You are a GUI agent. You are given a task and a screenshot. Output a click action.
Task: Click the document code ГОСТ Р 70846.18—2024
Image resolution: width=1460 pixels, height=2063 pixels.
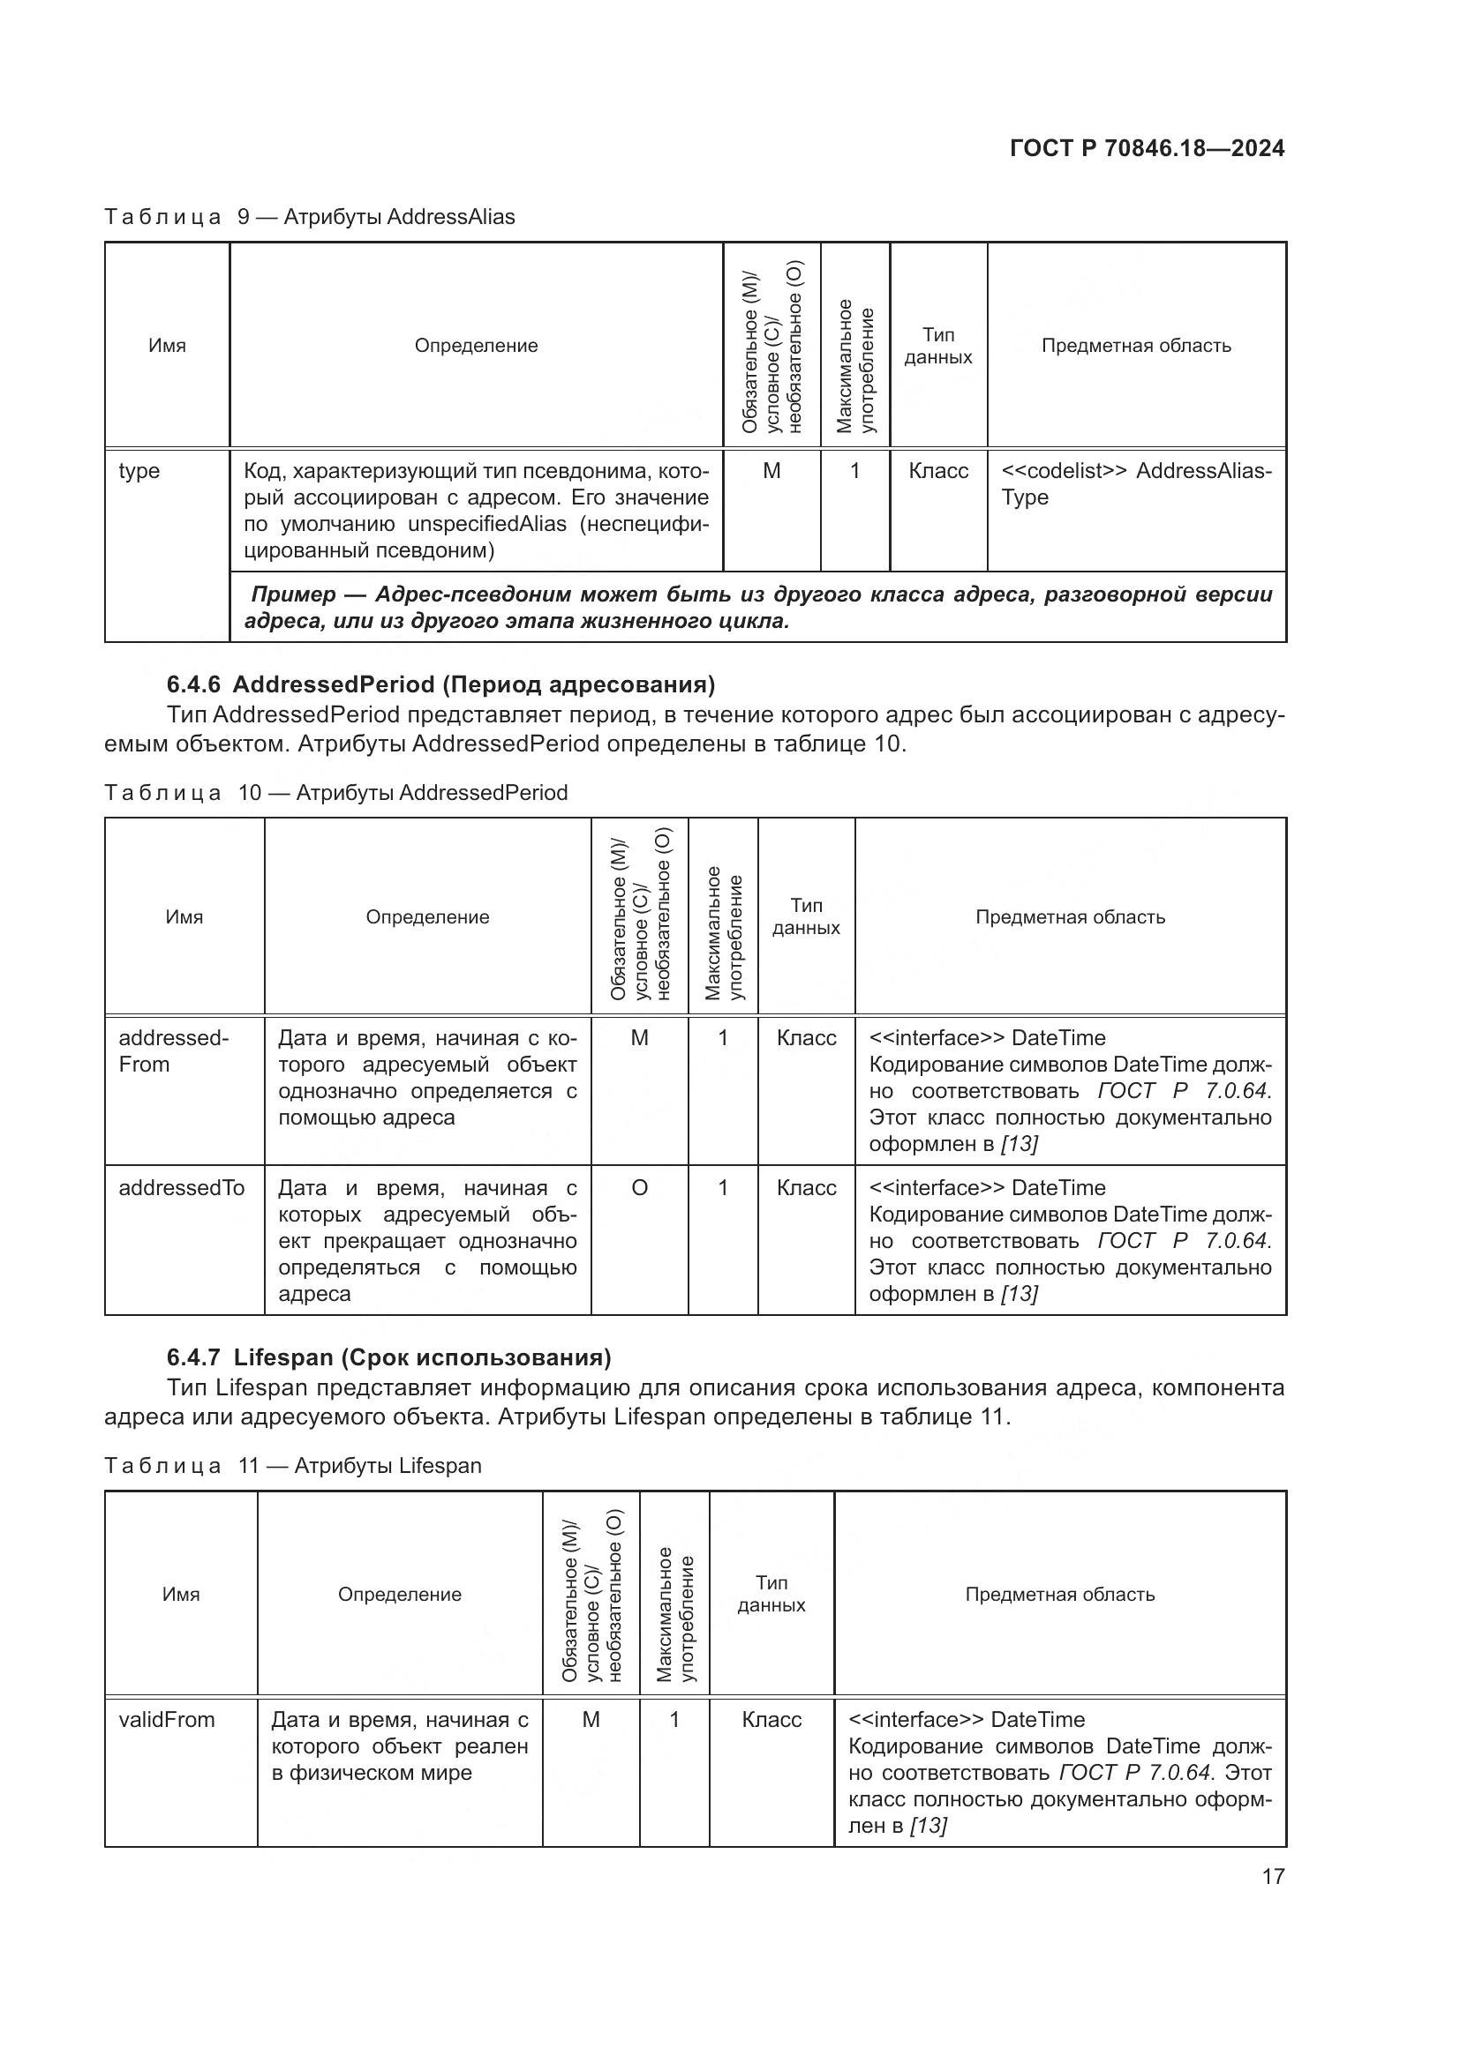1147,148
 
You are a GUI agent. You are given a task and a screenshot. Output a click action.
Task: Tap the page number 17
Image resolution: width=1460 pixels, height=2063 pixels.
1273,1876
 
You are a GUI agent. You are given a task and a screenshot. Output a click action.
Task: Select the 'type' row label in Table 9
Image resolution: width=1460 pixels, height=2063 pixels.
139,471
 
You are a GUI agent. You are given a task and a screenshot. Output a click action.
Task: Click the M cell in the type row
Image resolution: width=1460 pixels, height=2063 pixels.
771,471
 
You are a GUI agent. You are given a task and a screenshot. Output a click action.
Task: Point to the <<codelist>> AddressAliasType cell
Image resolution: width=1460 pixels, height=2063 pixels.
1135,483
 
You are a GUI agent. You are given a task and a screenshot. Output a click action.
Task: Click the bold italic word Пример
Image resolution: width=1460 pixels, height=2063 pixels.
293,594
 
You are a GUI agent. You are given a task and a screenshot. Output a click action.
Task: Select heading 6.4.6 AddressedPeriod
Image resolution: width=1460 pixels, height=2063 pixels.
440,684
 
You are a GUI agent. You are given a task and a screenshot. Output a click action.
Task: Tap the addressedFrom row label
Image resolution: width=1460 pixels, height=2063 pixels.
174,1050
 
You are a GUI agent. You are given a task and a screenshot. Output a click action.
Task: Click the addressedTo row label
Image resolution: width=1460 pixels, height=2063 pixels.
182,1188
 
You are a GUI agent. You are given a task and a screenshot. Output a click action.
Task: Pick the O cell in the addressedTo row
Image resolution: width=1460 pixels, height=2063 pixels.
639,1188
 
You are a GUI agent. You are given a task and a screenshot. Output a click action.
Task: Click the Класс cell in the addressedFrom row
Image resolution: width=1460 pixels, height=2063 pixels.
807,1038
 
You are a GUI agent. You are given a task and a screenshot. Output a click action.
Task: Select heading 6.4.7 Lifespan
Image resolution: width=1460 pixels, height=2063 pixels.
388,1357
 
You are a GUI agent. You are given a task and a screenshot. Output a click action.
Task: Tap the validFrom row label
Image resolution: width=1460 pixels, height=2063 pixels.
167,1720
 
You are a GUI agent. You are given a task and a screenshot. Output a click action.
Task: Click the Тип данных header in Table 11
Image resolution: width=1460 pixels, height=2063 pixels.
771,1593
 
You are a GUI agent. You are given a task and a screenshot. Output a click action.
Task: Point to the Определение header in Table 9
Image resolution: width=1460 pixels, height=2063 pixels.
476,346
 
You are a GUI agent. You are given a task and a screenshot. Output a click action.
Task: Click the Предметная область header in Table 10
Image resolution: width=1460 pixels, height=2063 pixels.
1070,916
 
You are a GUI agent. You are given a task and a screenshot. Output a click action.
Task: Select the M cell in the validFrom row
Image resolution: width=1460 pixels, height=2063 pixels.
591,1720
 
